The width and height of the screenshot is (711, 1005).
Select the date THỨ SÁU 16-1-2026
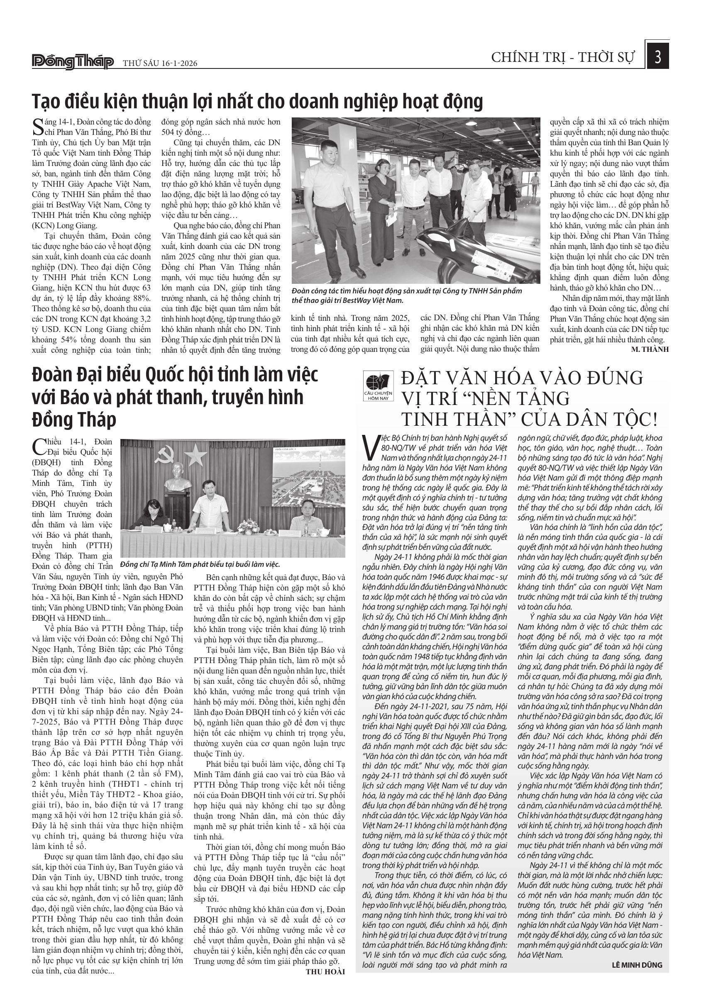pyautogui.click(x=160, y=63)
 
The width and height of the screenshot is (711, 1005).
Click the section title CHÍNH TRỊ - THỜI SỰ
pyautogui.click(x=562, y=58)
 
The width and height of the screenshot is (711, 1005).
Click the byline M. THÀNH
pyautogui.click(x=650, y=349)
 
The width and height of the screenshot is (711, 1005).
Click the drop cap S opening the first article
pyautogui.click(x=38, y=127)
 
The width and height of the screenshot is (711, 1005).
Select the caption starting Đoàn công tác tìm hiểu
pyautogui.click(x=407, y=295)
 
